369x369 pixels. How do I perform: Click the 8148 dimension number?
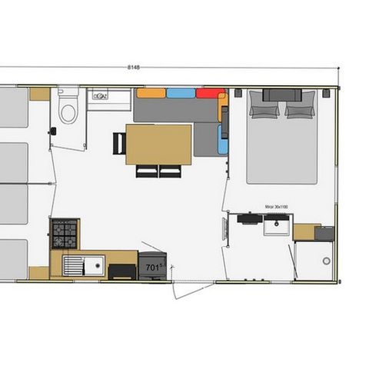tap(134, 68)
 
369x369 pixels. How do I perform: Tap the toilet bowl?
tap(68, 112)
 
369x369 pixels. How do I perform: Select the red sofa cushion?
tap(208, 93)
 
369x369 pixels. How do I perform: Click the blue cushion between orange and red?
tap(181, 93)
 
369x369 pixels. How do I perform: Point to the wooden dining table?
tap(158, 145)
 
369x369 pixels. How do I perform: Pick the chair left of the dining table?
tap(118, 144)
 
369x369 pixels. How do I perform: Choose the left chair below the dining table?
tap(147, 171)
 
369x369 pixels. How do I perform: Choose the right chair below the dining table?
tap(169, 171)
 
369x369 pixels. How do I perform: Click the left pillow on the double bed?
tap(263, 110)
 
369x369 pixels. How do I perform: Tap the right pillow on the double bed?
tap(300, 110)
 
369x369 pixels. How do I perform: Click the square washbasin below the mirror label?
tap(274, 225)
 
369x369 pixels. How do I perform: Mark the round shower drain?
tap(327, 261)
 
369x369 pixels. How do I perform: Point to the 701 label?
tap(153, 267)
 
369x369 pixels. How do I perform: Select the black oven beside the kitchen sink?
tap(122, 270)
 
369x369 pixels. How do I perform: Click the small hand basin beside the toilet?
tap(100, 96)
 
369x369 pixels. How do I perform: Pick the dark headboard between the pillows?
tap(281, 95)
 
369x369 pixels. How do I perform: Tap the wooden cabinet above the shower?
tap(306, 231)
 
